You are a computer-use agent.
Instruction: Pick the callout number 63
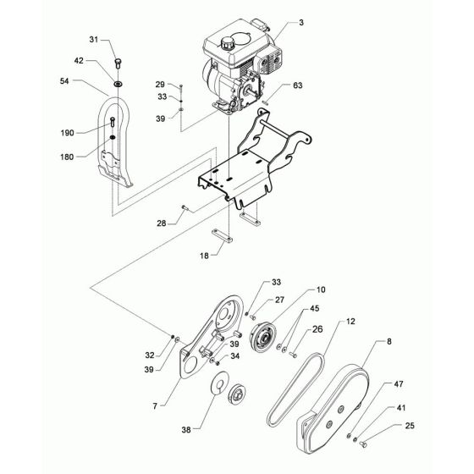tap(299, 85)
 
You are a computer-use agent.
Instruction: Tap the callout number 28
tap(160, 223)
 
